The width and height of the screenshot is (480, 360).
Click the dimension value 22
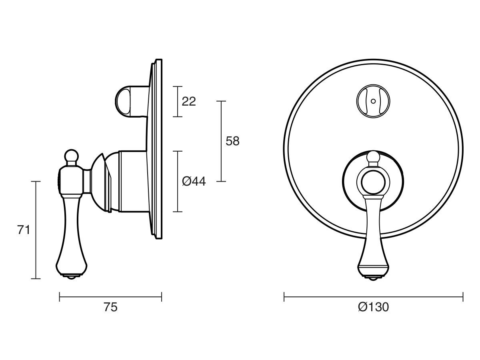(189, 102)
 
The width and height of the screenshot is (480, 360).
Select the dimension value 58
(232, 141)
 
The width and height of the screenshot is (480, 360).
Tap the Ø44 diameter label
(194, 181)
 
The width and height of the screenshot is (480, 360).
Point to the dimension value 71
(23, 230)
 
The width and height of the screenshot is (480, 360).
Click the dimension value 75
(110, 307)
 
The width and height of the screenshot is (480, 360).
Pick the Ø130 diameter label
(373, 307)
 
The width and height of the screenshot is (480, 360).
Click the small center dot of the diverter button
(373, 101)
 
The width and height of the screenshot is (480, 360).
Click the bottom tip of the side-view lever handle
(72, 278)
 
